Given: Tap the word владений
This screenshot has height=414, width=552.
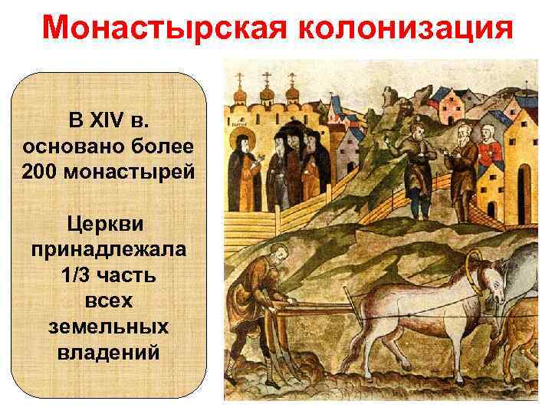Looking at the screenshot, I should (109, 353).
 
